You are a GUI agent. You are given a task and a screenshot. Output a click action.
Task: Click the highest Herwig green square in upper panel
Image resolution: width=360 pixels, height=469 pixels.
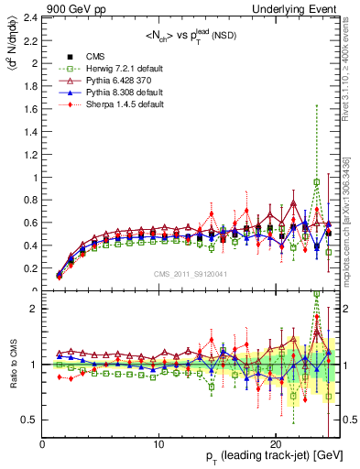click(317, 181)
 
